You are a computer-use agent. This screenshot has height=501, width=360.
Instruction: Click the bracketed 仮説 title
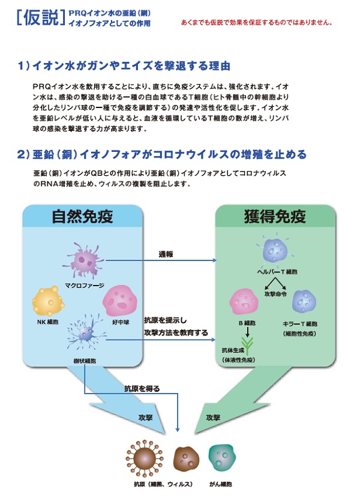point(38,18)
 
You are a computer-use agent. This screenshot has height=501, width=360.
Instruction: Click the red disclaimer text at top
point(256,23)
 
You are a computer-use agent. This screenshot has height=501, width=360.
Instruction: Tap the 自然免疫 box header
point(83,216)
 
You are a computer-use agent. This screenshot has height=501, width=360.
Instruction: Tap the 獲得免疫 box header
point(275,216)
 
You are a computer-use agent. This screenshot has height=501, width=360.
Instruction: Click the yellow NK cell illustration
point(48,302)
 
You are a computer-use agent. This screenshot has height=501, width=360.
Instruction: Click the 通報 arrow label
point(166,254)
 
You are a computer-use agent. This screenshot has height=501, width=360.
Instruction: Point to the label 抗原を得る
point(142,389)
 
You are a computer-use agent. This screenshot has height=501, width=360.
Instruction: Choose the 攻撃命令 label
point(276,294)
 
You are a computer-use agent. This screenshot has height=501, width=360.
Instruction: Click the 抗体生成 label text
point(234,357)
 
